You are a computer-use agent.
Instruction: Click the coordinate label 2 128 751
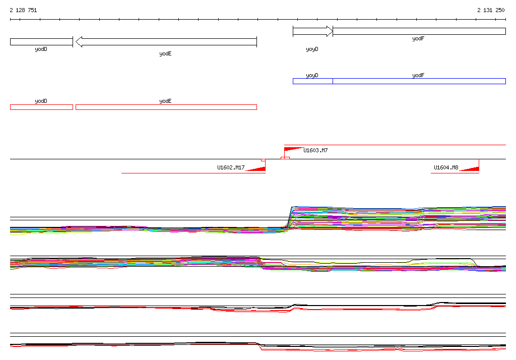(23, 10)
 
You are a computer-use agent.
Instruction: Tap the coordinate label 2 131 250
(491, 10)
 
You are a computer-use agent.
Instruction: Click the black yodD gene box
(41, 42)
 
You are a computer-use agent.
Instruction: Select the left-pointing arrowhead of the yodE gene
(79, 42)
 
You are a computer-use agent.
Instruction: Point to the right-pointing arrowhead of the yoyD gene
(330, 31)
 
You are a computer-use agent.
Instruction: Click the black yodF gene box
(419, 31)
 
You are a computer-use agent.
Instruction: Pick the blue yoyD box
(312, 81)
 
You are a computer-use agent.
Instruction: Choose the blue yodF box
(419, 81)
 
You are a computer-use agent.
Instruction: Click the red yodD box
(41, 107)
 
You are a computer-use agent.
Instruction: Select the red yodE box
(166, 107)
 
